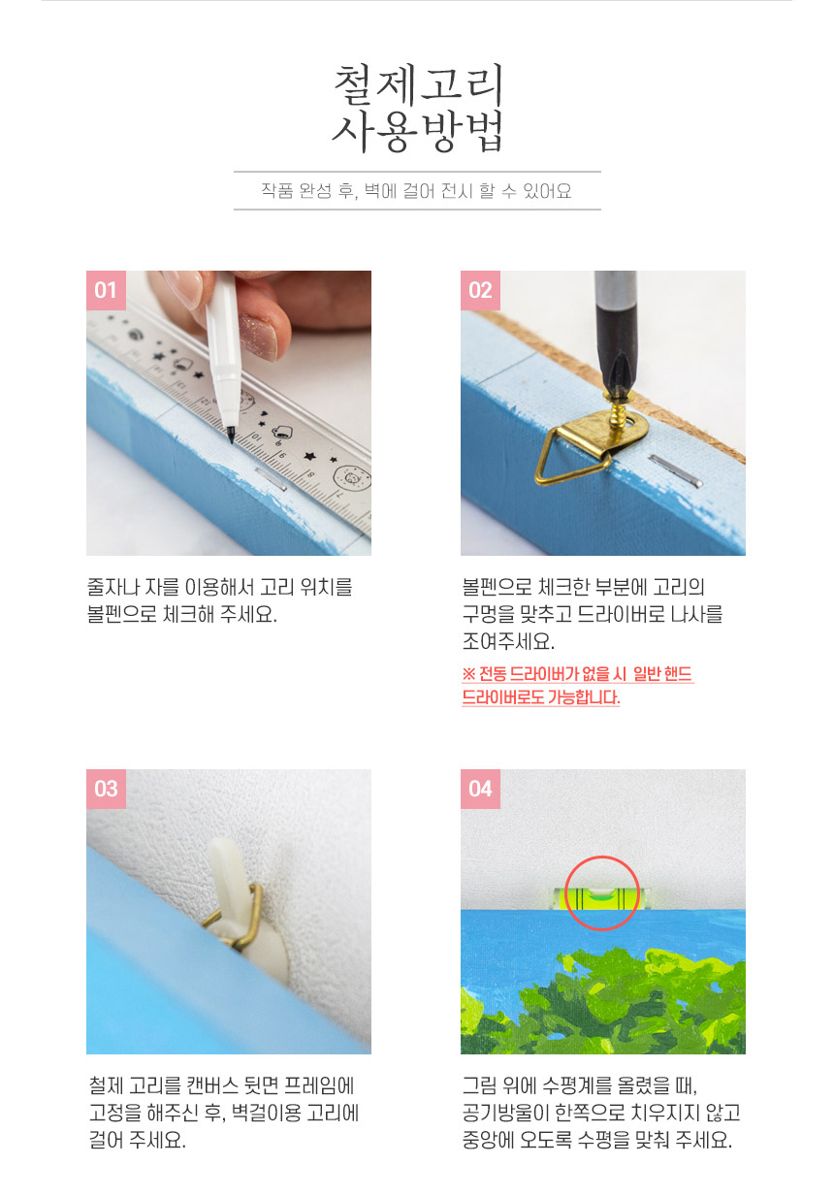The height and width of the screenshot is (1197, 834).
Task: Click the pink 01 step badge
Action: click(106, 290)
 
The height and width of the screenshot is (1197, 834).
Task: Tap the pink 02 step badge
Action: click(480, 290)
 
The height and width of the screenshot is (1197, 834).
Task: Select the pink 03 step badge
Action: click(106, 789)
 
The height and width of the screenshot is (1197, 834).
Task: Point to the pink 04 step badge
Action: click(480, 789)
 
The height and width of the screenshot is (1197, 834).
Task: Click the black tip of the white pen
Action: click(230, 436)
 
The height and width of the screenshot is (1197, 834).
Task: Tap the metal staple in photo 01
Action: click(272, 479)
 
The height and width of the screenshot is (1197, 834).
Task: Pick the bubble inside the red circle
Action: click(600, 893)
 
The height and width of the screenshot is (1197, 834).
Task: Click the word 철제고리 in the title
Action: click(418, 85)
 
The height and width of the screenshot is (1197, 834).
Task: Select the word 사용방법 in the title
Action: click(417, 131)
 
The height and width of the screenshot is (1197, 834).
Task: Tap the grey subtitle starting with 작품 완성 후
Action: click(416, 191)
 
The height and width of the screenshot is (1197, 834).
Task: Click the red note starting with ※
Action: click(578, 686)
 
